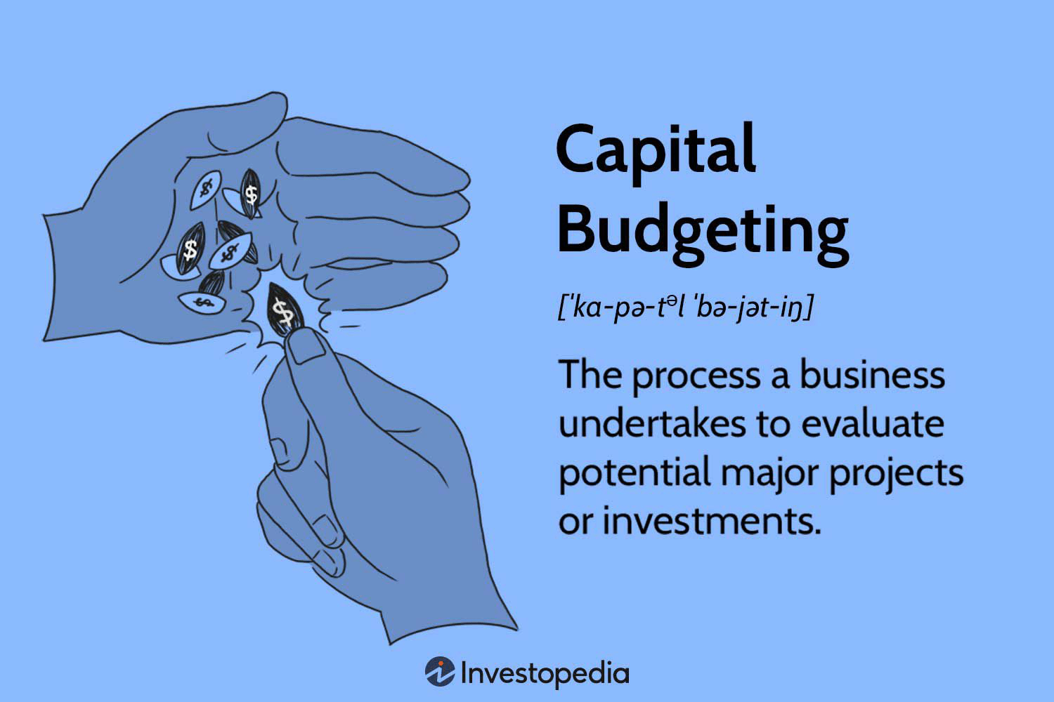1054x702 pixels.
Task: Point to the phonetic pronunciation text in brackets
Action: tap(685, 307)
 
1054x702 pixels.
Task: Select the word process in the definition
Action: tap(696, 376)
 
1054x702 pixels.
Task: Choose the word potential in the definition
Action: tap(634, 472)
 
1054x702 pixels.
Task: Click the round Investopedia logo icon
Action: tap(440, 673)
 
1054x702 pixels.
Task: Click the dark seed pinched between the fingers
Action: tap(284, 311)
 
